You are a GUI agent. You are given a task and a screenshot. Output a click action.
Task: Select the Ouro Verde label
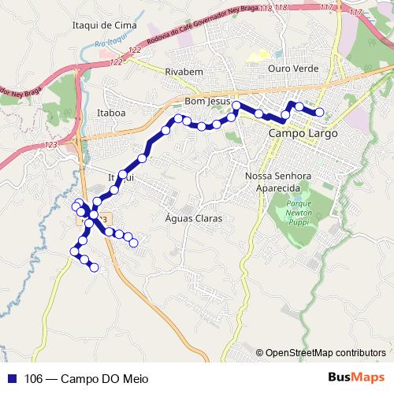[x=292, y=69]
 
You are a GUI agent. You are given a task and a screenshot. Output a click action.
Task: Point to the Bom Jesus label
[x=206, y=102]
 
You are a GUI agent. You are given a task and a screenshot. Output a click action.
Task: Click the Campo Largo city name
[x=303, y=134]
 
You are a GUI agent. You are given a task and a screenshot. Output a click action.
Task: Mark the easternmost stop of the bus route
[x=320, y=112]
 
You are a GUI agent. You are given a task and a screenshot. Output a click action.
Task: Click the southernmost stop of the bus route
[x=95, y=269]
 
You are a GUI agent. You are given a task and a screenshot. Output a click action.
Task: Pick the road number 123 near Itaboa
[x=52, y=146]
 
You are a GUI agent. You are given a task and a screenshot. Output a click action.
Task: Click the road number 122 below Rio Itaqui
[x=117, y=61]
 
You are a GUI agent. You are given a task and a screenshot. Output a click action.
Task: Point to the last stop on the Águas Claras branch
[x=136, y=243]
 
